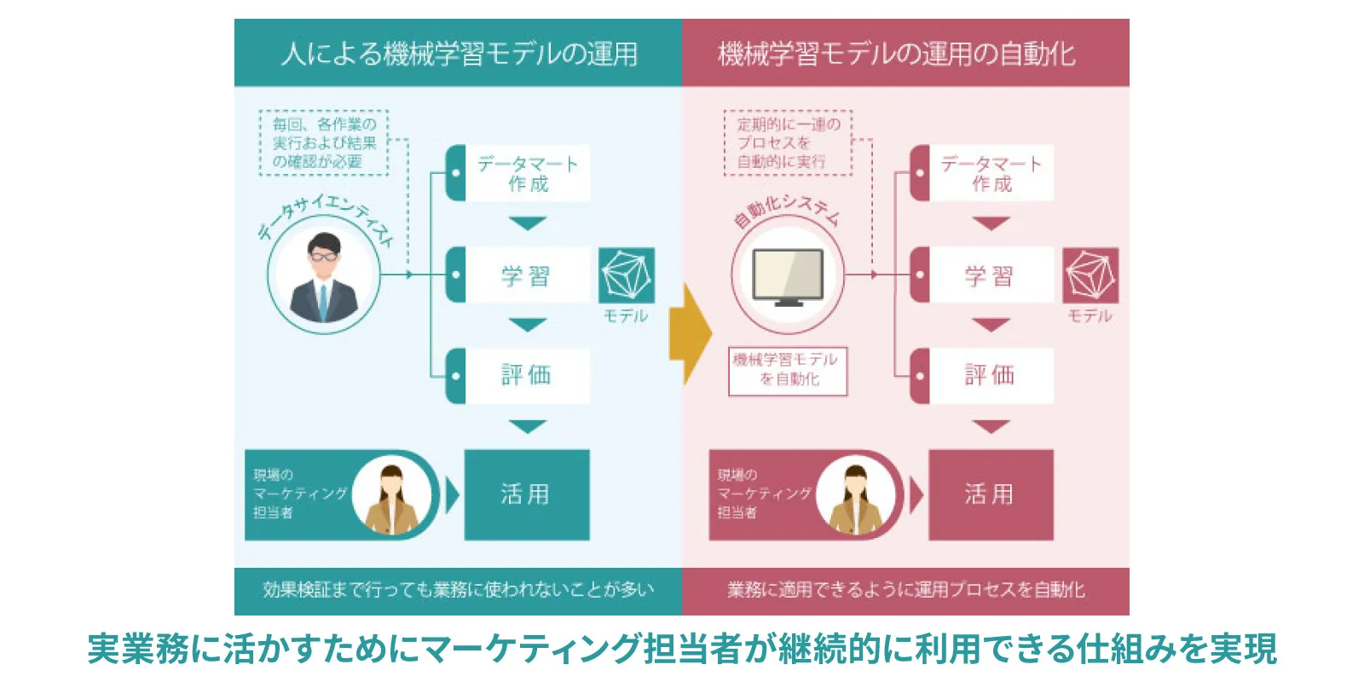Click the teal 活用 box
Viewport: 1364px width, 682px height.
click(526, 494)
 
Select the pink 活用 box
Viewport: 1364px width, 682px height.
click(991, 494)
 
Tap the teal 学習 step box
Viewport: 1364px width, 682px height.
click(525, 275)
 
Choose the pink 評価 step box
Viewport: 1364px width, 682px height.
click(989, 375)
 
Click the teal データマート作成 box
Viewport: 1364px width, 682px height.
click(527, 173)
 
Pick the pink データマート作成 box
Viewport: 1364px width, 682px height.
click(991, 173)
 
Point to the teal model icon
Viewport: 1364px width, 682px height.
click(627, 275)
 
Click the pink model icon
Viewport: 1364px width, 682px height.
click(1090, 275)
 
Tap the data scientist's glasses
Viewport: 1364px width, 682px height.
click(323, 256)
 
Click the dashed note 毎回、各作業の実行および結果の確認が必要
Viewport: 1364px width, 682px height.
click(324, 142)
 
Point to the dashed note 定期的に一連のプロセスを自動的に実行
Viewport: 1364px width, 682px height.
click(788, 142)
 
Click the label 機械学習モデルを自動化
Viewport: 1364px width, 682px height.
click(788, 370)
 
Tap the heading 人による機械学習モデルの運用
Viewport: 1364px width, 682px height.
click(459, 54)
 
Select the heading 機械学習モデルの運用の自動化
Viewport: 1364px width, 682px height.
click(897, 54)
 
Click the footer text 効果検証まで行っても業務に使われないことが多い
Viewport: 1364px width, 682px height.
click(459, 590)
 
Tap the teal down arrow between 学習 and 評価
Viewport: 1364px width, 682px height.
click(527, 325)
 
